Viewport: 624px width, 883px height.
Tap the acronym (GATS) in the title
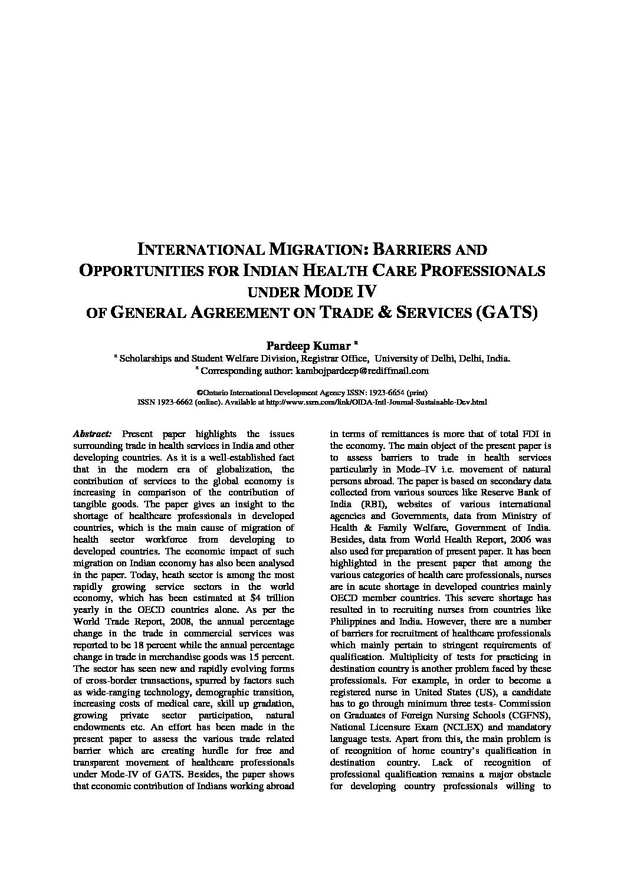tap(507, 312)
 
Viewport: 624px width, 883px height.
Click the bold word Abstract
tap(88, 434)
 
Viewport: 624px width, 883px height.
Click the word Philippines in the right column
tap(354, 622)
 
